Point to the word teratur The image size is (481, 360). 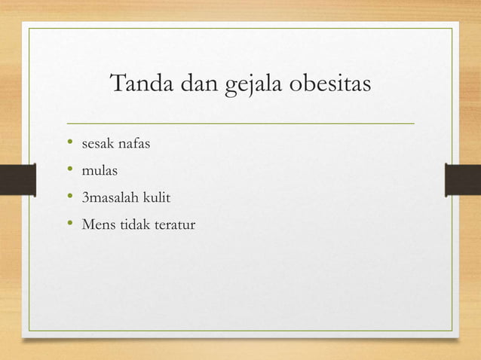[178, 224]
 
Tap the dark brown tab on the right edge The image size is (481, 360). [463, 180]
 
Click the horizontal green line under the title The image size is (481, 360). [240, 122]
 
